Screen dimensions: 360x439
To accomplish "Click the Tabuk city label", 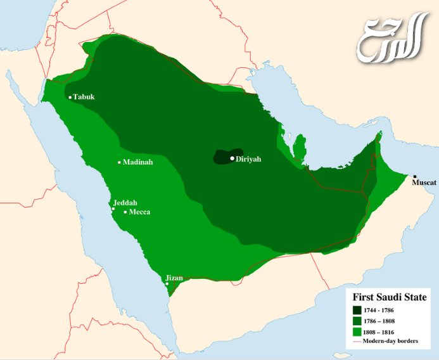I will click(x=84, y=97).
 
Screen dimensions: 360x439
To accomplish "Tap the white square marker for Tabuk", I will click(x=70, y=98).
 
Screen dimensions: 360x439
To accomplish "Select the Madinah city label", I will click(x=138, y=162).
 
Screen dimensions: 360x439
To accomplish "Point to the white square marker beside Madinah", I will click(x=119, y=162).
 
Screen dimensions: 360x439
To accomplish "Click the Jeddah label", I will click(x=125, y=203).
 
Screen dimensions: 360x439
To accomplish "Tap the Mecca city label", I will click(x=139, y=212).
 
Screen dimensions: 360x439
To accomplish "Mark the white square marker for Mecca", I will click(x=125, y=212).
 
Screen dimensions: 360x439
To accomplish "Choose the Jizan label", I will click(x=174, y=278).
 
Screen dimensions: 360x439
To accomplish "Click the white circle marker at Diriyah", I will click(x=232, y=158).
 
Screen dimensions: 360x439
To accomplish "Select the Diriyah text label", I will click(x=248, y=159).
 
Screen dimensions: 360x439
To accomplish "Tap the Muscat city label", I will click(x=424, y=183).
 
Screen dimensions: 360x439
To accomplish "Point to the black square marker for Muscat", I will click(x=415, y=176).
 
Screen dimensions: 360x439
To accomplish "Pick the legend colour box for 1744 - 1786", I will click(x=357, y=310).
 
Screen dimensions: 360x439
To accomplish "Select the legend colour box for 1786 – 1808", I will click(x=357, y=321).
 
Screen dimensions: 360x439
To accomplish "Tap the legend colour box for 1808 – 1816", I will click(x=357, y=331).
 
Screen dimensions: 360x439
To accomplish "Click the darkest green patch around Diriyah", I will click(x=222, y=157).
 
